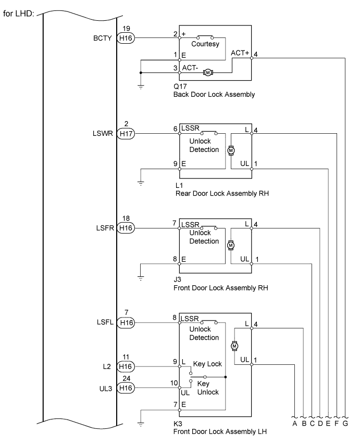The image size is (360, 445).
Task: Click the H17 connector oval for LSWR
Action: tap(126, 133)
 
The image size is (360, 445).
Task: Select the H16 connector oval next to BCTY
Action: tap(126, 38)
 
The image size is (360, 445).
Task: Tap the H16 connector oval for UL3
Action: tap(126, 388)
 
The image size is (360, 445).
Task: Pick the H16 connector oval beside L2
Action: tap(126, 366)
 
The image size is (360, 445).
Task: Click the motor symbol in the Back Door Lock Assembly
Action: tap(208, 73)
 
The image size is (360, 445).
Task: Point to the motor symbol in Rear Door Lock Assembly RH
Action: tap(231, 150)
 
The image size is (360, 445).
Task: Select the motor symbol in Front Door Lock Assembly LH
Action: tap(234, 346)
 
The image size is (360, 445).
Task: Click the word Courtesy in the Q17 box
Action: tap(205, 44)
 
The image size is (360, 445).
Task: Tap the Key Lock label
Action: tap(207, 364)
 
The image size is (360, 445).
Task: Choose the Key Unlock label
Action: tap(208, 388)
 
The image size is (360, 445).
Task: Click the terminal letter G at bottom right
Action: tap(345, 424)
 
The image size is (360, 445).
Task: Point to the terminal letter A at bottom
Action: tap(295, 424)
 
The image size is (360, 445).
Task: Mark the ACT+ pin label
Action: tap(240, 53)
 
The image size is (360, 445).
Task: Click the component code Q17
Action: tap(180, 86)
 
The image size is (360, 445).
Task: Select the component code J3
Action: tap(177, 279)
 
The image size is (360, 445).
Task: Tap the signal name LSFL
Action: tap(105, 322)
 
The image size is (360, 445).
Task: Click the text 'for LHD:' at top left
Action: tap(18, 14)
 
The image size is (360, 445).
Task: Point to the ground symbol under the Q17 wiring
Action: tap(141, 87)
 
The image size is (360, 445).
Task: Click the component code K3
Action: tap(178, 424)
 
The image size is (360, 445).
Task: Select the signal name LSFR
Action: tap(105, 228)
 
